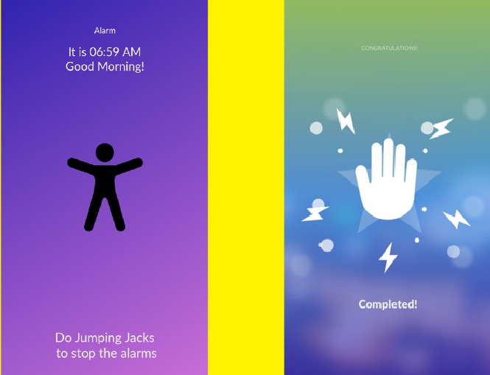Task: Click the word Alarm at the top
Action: (x=105, y=31)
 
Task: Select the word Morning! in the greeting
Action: (x=121, y=66)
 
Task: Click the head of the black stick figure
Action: (x=105, y=153)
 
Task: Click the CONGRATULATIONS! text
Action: (x=389, y=48)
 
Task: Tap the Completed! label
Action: (x=388, y=304)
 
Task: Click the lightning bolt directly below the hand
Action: (x=388, y=258)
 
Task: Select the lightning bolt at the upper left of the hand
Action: (x=346, y=122)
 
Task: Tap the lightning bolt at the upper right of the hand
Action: (x=441, y=128)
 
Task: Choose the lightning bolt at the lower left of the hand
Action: (x=315, y=214)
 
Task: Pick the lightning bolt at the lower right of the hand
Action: (x=457, y=218)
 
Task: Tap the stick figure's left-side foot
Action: (x=88, y=227)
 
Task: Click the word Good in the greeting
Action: (x=80, y=66)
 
